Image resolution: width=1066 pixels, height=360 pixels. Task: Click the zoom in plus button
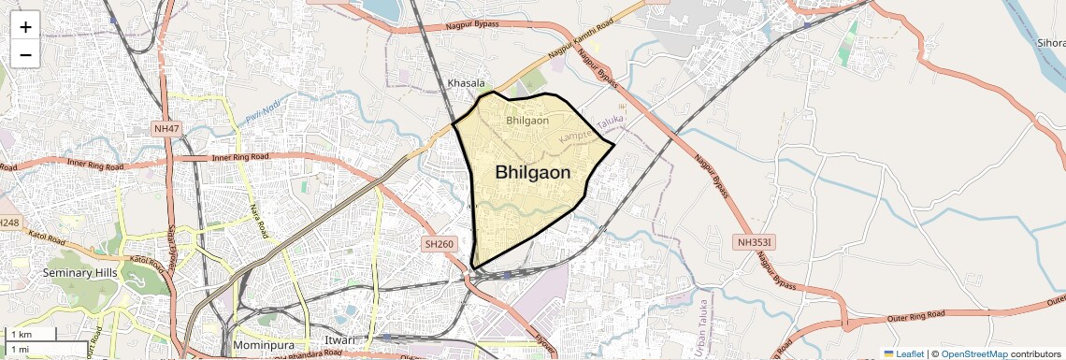coord(25,27)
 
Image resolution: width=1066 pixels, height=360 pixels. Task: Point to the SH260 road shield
coord(439,243)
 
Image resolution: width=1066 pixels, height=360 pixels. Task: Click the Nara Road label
coord(257,221)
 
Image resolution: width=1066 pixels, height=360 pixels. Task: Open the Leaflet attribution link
coord(903,353)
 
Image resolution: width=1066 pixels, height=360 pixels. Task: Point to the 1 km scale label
coord(20,334)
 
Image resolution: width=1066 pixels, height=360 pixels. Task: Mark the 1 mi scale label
coord(20,349)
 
